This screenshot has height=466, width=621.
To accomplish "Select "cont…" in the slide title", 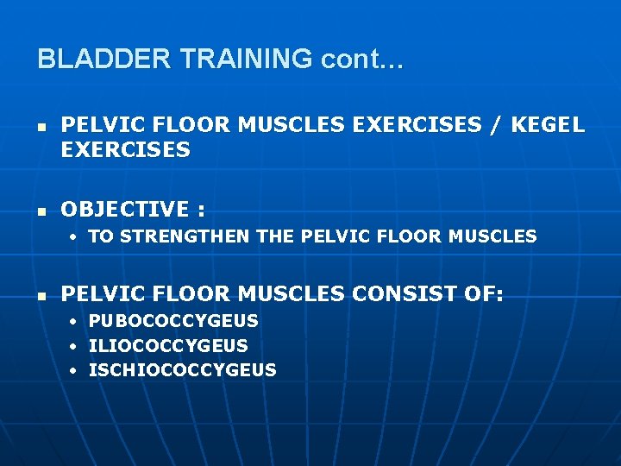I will pos(362,60).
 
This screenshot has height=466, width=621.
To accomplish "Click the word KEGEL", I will pos(548,125).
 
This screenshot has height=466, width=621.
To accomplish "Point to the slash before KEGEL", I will pos(494,125).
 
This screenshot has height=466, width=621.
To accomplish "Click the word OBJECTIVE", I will pos(124,210).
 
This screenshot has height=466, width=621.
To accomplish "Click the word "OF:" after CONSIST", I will pos(482,294).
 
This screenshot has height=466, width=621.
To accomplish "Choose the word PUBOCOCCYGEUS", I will pos(173,321).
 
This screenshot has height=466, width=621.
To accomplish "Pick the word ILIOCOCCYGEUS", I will pos(168,346).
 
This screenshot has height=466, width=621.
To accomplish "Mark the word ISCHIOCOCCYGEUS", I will pos(183,370).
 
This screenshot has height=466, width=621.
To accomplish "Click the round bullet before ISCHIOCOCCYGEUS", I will pos(74,371).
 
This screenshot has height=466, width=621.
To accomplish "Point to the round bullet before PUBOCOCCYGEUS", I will pos(74,322).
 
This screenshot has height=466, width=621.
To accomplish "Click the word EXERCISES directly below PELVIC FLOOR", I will pos(125,150).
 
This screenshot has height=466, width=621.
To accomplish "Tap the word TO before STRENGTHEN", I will pos(101,236).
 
